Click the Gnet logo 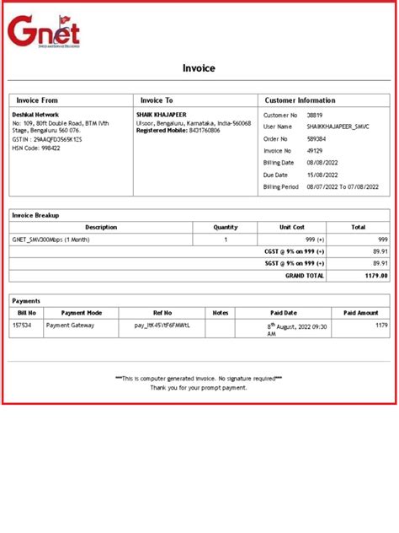pos(44,32)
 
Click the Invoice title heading pos(199,68)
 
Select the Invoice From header pos(38,100)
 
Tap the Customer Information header pos(300,100)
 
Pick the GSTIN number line pos(47,139)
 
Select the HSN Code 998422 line pos(36,148)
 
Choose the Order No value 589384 pos(317,138)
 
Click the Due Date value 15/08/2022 pos(323,175)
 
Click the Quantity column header pos(226,228)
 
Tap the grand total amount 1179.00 pos(375,275)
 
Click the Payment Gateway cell pos(70,324)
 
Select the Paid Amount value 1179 pos(381,324)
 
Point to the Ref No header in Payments pos(162,312)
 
